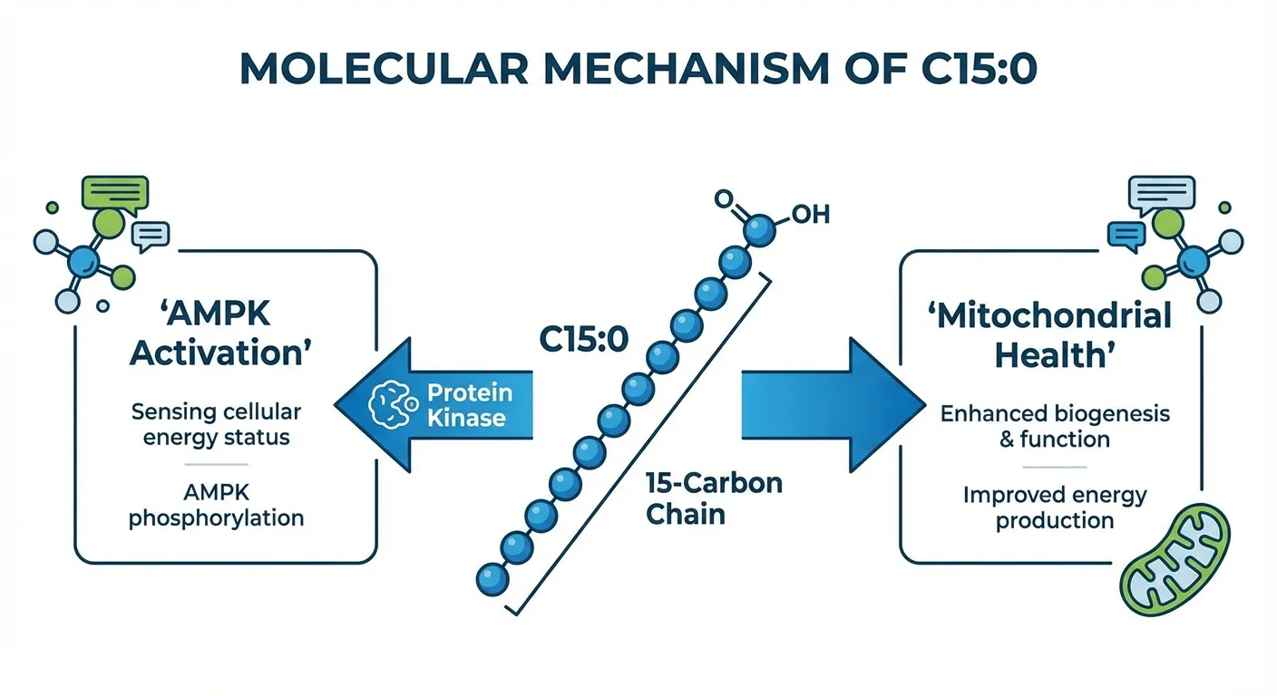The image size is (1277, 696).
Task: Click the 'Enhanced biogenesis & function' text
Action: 1055,427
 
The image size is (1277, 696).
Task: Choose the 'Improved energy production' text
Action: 1055,508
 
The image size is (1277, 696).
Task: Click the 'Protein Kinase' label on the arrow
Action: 469,406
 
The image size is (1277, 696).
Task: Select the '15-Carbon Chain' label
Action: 713,498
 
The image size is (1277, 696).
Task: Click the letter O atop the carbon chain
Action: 724,198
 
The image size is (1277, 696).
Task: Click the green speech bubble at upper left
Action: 114,191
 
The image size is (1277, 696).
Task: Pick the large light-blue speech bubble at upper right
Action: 1160,193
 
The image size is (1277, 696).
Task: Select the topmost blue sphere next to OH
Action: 760,230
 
